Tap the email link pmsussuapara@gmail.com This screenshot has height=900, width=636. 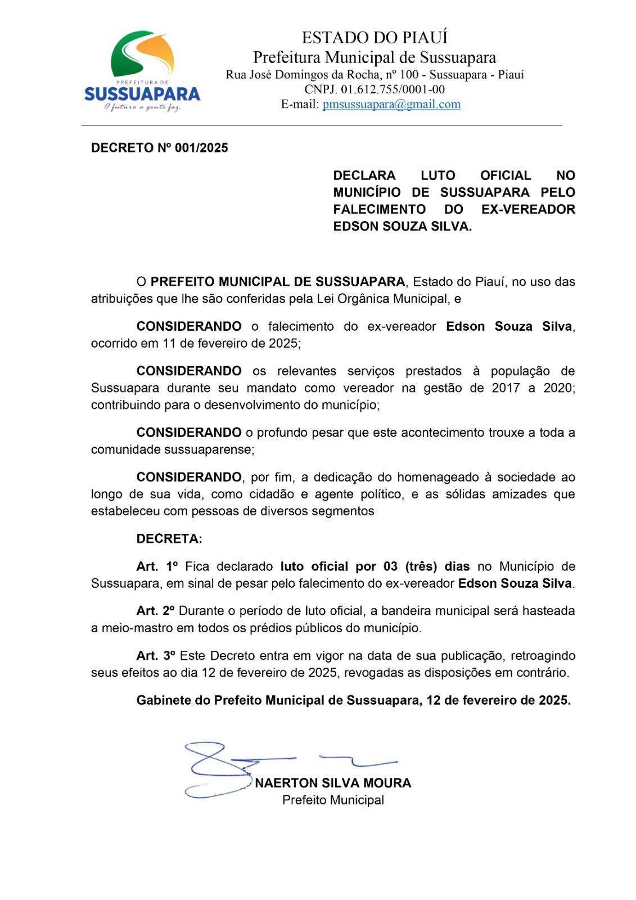click(x=391, y=104)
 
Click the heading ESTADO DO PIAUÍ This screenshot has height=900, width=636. click(x=375, y=38)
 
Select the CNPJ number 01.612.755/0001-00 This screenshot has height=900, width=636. click(x=393, y=89)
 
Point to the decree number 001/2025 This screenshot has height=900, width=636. click(x=201, y=148)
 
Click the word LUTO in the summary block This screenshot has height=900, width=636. click(x=437, y=175)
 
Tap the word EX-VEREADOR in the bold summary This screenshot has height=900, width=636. click(x=528, y=209)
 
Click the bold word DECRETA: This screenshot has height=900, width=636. click(x=169, y=539)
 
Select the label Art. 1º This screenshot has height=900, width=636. click(x=157, y=566)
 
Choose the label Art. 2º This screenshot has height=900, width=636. click(x=155, y=611)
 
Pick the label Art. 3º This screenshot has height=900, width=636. click(x=155, y=656)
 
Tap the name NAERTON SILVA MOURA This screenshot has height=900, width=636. click(x=333, y=783)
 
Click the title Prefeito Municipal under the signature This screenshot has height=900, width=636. click(x=333, y=800)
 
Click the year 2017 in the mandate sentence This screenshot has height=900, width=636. click(x=506, y=388)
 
